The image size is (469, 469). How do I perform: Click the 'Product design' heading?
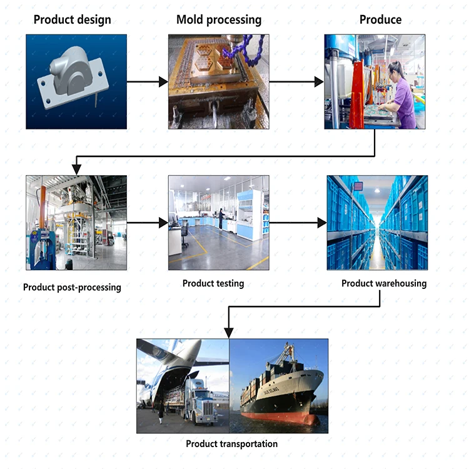73,19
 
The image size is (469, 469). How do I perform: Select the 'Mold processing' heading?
218,19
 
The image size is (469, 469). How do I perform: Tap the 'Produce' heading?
380,19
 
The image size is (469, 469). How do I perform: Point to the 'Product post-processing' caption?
72,288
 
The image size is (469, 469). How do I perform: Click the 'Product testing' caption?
213,283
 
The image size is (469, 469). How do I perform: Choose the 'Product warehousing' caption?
383,283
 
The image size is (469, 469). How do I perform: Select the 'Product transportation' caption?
231,444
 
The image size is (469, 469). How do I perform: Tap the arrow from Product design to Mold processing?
147,82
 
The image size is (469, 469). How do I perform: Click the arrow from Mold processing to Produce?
296,82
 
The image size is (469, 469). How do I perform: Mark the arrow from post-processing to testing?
147,223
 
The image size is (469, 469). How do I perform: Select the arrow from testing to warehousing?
298,223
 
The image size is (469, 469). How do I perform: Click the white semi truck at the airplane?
198,403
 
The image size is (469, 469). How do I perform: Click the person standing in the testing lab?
221,219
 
